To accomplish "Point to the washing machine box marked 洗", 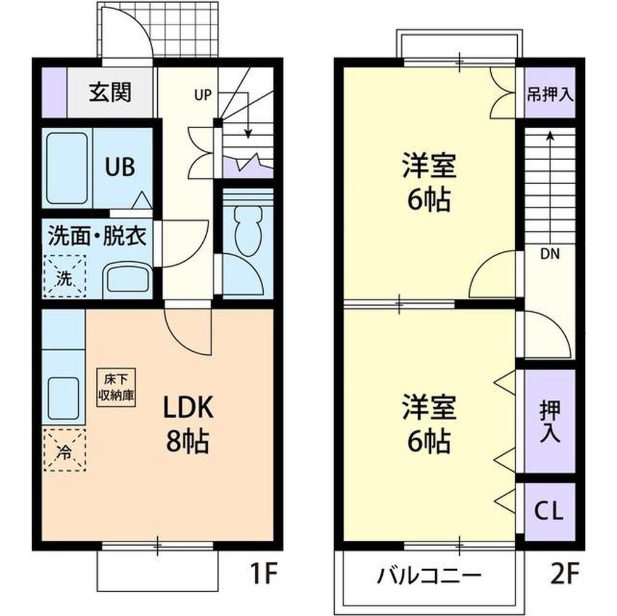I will [x=65, y=278].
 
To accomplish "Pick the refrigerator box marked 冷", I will [x=64, y=450].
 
